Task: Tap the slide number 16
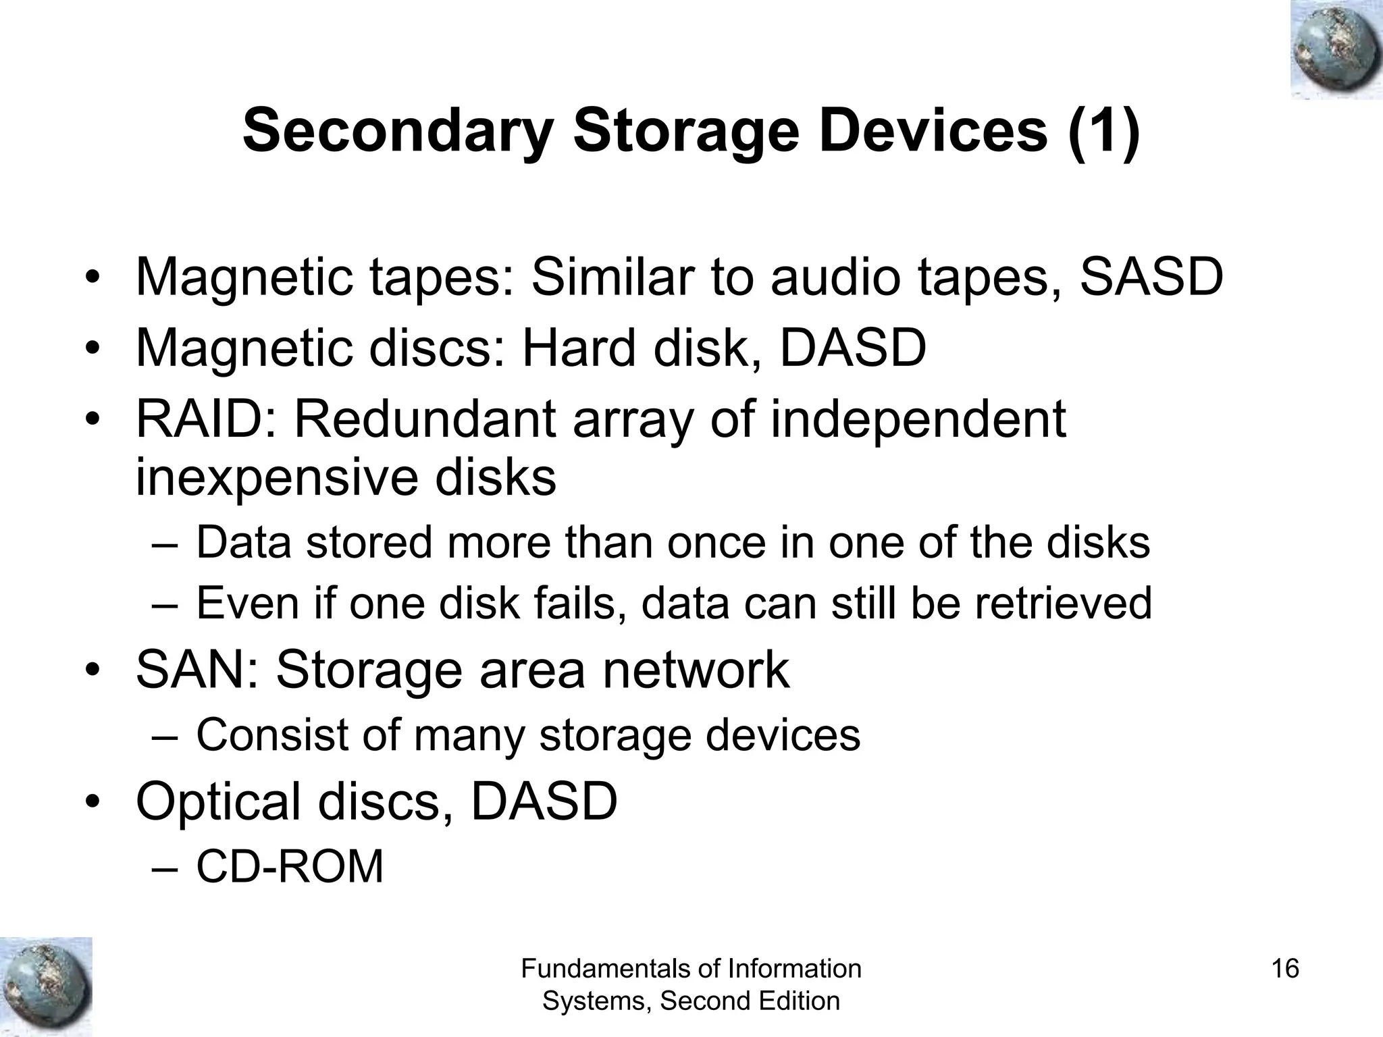(1284, 969)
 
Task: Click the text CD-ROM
(290, 867)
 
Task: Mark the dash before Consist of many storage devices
(163, 737)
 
